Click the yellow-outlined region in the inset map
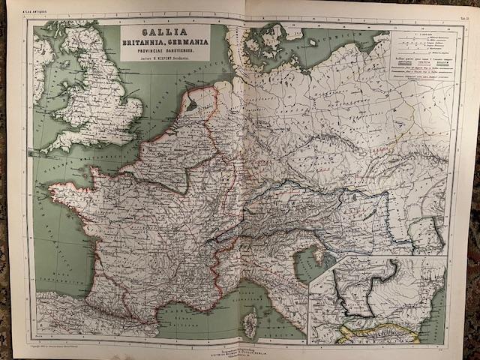[375, 332]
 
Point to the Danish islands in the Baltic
[270, 37]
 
